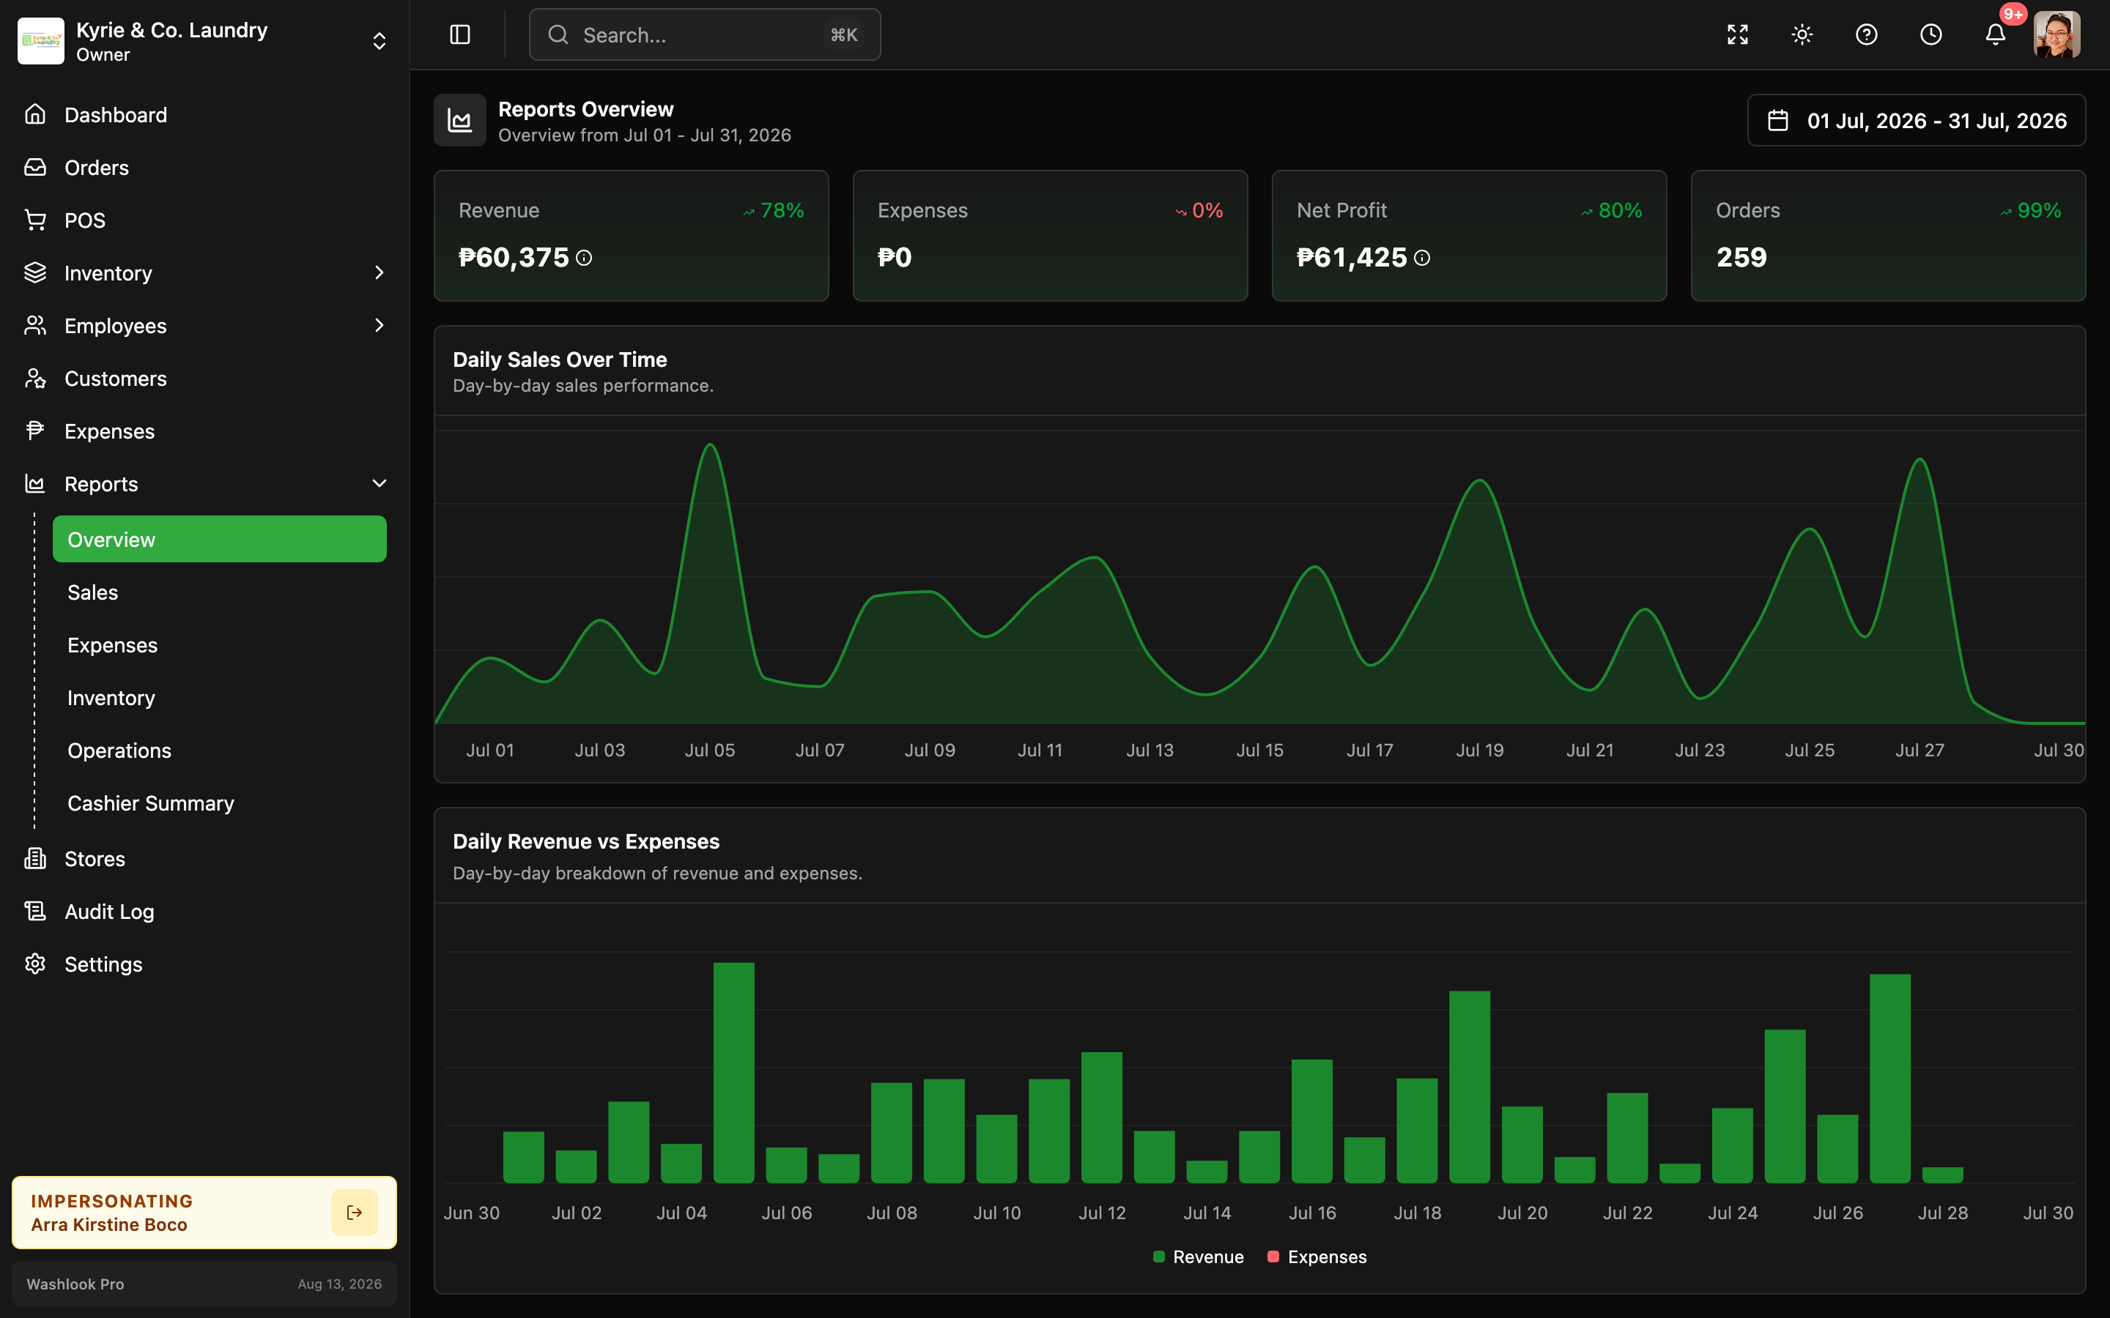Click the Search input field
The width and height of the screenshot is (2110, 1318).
click(x=705, y=35)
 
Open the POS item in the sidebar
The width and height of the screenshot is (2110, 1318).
click(x=84, y=220)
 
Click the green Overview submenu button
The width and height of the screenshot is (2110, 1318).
click(x=220, y=539)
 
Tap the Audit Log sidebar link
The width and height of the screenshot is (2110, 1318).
click(x=109, y=912)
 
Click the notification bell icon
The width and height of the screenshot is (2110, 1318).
click(x=1995, y=35)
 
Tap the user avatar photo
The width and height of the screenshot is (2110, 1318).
click(x=2057, y=35)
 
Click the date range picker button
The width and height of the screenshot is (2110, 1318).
click(x=1917, y=120)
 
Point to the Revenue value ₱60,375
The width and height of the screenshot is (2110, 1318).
click(x=514, y=257)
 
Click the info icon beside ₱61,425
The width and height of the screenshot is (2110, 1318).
click(x=1422, y=258)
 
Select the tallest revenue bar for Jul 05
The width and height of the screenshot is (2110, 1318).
click(x=734, y=1072)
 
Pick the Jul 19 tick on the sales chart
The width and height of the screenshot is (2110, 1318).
click(x=1480, y=750)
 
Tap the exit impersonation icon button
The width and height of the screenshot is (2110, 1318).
click(x=354, y=1213)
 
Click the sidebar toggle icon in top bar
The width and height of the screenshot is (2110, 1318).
click(x=459, y=35)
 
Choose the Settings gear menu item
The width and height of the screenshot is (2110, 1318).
click(x=103, y=964)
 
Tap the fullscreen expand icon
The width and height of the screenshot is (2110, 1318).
click(x=1738, y=35)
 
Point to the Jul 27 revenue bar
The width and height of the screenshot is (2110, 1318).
click(x=1890, y=1079)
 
